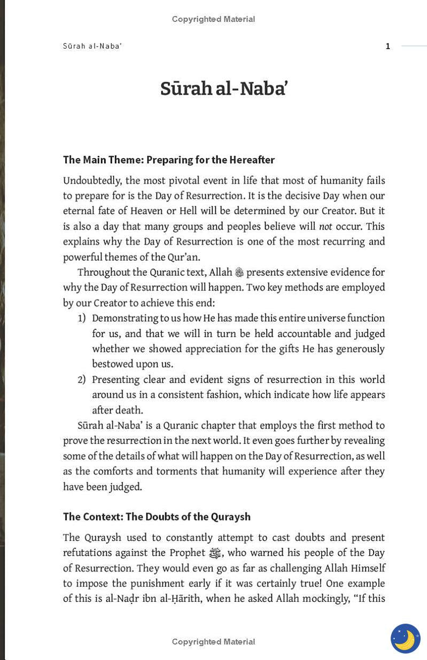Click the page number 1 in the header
388,46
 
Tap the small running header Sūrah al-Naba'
92,46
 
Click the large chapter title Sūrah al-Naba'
224,89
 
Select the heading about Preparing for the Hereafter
169,160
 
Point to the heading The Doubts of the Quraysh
157,517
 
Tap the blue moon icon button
405,638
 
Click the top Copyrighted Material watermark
213,19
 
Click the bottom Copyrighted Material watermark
213,642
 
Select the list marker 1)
82,319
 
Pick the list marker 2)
82,380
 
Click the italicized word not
325,227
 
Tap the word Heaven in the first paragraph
146,211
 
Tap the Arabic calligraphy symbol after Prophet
215,553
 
